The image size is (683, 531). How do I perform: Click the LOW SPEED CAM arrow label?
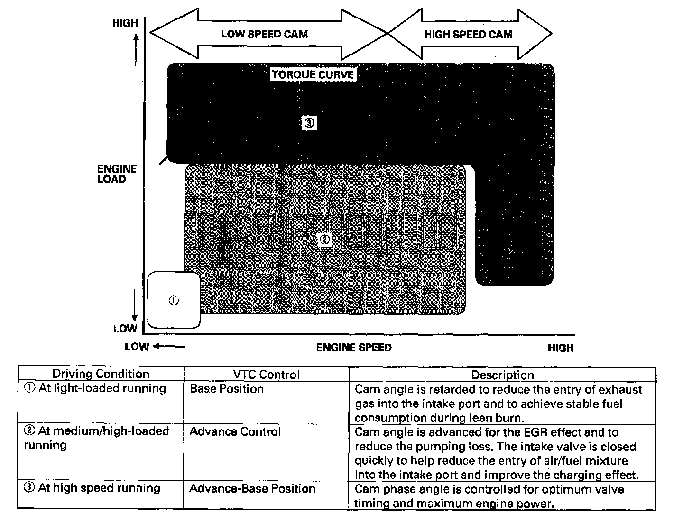click(x=264, y=34)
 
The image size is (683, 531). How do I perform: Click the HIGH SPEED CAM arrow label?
click(x=468, y=34)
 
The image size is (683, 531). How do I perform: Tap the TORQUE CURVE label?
click(x=313, y=74)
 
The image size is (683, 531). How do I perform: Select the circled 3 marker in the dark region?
click(x=309, y=123)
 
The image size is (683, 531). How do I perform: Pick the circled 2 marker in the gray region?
click(x=324, y=239)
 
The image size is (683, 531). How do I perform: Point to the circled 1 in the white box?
click(x=174, y=300)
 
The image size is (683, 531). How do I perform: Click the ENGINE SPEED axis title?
click(x=354, y=348)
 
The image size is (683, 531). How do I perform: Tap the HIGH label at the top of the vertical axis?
click(x=125, y=23)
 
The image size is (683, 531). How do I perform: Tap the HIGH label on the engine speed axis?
click(x=560, y=348)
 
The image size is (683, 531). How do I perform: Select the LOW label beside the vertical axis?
click(x=125, y=329)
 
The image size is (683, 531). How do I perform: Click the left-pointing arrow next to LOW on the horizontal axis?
click(x=169, y=347)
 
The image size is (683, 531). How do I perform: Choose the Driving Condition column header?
click(x=101, y=374)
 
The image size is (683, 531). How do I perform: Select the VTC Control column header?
click(x=266, y=375)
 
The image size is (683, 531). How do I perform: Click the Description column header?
click(x=502, y=375)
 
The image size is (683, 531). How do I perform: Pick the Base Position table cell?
click(x=226, y=389)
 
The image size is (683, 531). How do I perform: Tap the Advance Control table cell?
click(x=235, y=431)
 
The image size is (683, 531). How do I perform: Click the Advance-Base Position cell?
click(x=252, y=488)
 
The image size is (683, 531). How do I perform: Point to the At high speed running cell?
click(x=92, y=488)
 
